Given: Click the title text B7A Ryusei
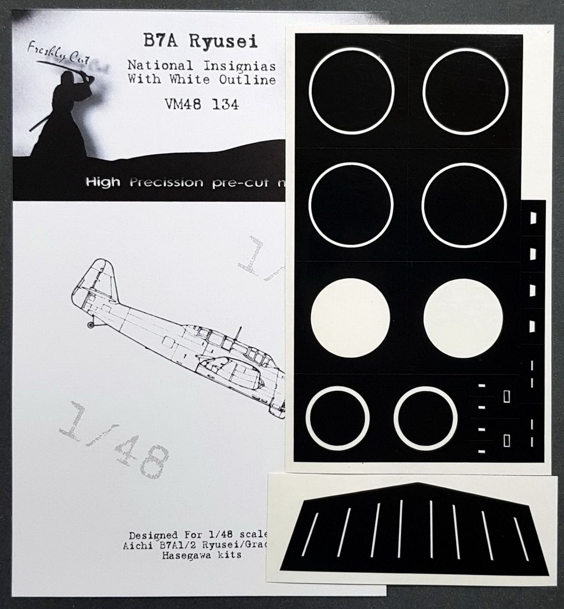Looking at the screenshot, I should [198, 43].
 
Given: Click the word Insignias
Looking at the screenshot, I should [247, 66].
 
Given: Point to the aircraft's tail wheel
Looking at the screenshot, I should [91, 325].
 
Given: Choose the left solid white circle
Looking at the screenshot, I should [350, 318].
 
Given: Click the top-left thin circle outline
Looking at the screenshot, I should [352, 91].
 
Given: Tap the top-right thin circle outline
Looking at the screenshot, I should [465, 91].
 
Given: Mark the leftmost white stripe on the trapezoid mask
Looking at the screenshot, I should [311, 534].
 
